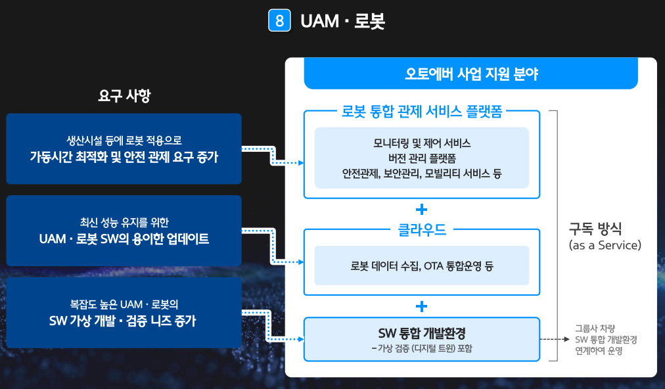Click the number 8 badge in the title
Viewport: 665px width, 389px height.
click(279, 21)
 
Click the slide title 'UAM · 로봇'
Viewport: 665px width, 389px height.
click(342, 21)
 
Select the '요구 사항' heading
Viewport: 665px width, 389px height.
click(124, 96)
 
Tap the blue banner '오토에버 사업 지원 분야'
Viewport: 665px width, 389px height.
click(470, 74)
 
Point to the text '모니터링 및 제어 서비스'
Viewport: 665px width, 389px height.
click(422, 143)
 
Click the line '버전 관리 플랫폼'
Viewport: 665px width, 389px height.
click(422, 158)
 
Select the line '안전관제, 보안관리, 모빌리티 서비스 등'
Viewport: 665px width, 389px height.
click(422, 174)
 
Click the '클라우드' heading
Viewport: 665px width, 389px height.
click(422, 230)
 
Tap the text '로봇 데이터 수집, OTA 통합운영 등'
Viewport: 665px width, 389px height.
click(422, 265)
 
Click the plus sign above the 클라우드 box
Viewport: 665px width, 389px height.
click(422, 210)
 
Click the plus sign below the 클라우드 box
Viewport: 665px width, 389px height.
click(422, 306)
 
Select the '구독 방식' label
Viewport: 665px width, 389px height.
click(604, 229)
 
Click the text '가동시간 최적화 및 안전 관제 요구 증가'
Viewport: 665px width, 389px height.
click(124, 157)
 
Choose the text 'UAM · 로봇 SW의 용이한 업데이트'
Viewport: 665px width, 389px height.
click(124, 239)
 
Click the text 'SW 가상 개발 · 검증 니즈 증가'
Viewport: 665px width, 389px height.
click(124, 321)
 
